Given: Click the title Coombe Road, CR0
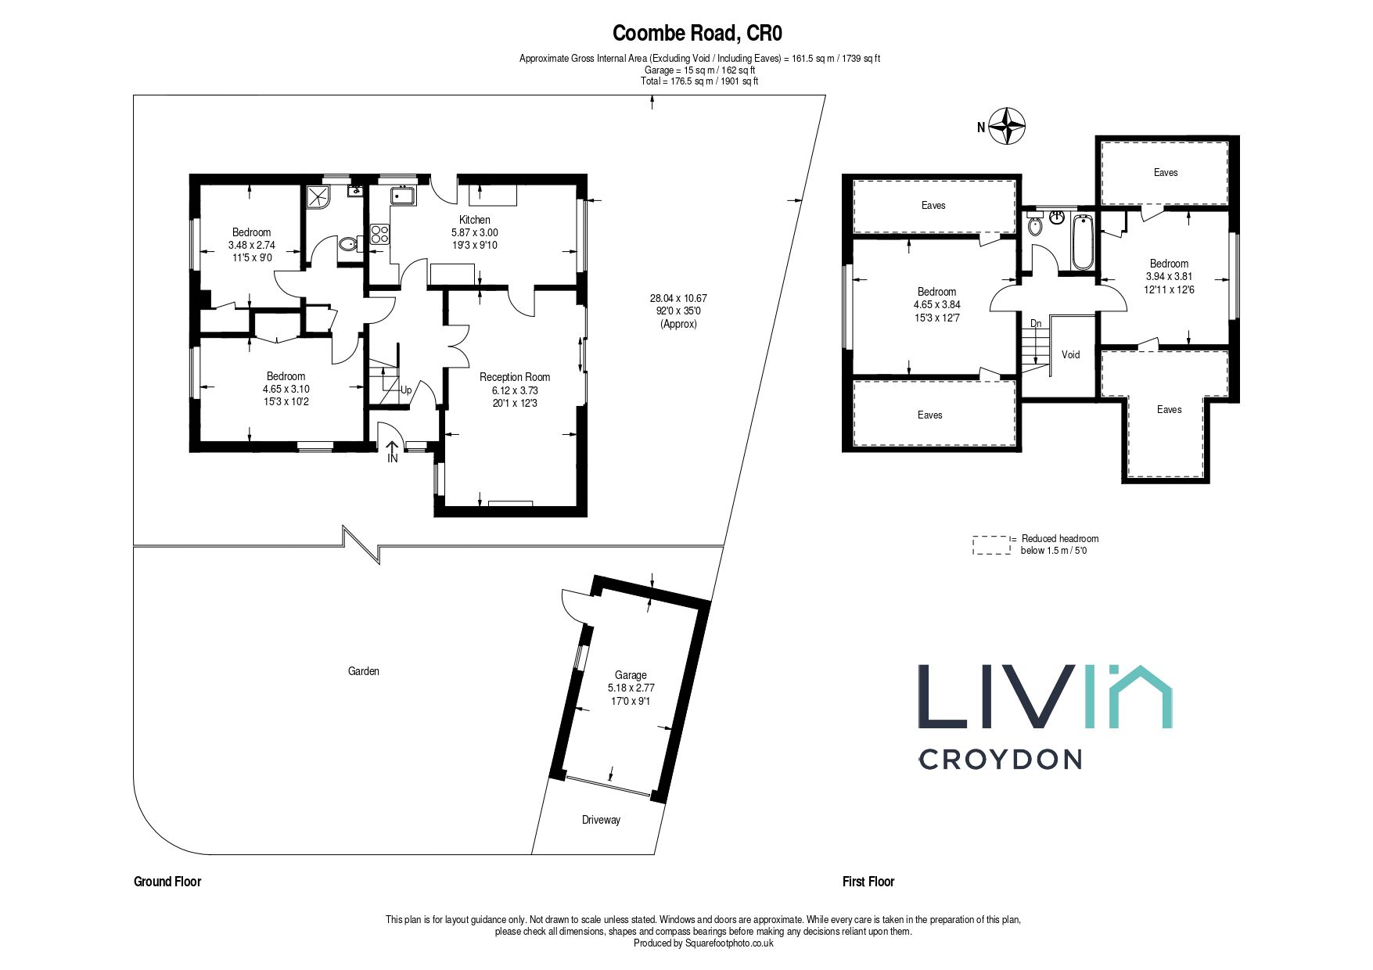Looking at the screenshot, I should coord(697,33).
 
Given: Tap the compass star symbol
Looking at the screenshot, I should coord(1007,126).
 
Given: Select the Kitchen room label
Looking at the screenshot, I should coord(474,220).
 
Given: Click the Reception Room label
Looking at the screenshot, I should coord(514,377).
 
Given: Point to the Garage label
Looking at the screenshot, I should coord(631,675).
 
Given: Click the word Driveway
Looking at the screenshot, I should coord(601,820).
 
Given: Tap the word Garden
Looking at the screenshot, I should coord(364,671).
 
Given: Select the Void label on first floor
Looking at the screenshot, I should coord(1070,354).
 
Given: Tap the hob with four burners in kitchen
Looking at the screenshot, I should coord(380,234).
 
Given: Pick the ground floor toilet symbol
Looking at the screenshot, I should coord(348,245).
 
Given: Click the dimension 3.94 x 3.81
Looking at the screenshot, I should coord(1169,276).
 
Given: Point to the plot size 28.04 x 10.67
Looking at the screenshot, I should coord(678,298).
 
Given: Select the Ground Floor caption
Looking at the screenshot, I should coord(167,882).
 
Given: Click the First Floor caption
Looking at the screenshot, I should coord(868,882).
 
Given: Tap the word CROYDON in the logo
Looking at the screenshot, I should coord(1000,759).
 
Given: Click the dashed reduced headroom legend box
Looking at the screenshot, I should coord(991,545).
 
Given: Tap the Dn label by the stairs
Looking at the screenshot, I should coord(1035,323).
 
